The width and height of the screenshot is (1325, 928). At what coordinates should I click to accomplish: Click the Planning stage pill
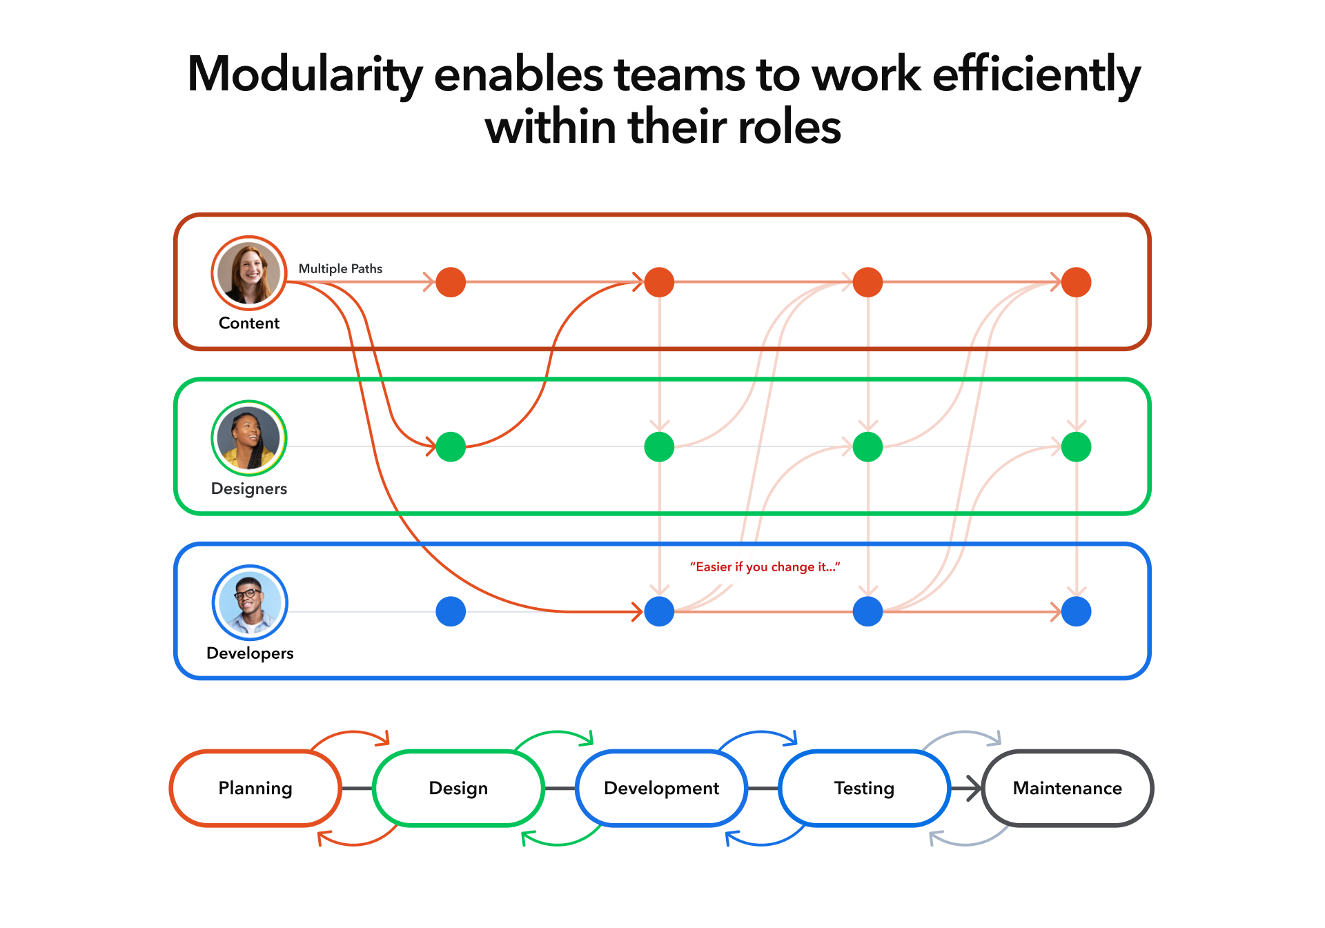(x=255, y=788)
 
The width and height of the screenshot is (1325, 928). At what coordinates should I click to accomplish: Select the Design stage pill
(x=458, y=788)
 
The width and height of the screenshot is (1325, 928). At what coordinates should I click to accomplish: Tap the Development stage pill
(x=661, y=788)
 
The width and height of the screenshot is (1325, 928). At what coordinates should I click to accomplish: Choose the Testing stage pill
(x=864, y=788)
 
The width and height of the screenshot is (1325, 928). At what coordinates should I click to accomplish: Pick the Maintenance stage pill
(x=1067, y=788)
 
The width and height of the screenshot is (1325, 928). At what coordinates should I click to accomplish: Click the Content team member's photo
(x=249, y=273)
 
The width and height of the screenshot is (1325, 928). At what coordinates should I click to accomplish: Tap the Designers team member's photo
(x=249, y=438)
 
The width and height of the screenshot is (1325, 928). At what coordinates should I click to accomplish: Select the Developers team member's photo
(x=249, y=602)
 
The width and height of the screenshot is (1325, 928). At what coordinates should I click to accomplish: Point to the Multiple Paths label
(x=340, y=268)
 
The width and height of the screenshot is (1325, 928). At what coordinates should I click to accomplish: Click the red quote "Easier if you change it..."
(x=765, y=566)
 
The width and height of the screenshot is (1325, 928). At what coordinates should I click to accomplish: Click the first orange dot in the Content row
(x=451, y=282)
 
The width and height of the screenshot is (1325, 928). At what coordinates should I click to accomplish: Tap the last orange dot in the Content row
(x=1076, y=282)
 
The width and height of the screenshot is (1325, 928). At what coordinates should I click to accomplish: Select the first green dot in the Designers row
(x=451, y=446)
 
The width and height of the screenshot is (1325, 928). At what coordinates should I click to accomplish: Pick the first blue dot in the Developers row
(x=451, y=611)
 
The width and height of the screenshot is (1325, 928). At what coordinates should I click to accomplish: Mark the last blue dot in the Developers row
(x=1076, y=611)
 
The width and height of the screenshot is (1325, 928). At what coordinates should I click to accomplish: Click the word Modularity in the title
(x=305, y=75)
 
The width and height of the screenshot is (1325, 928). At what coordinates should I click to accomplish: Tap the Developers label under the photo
(x=250, y=653)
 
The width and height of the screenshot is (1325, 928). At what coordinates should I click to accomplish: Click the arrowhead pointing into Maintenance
(x=974, y=788)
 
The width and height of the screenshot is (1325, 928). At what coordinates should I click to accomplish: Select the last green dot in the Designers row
(x=1076, y=446)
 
